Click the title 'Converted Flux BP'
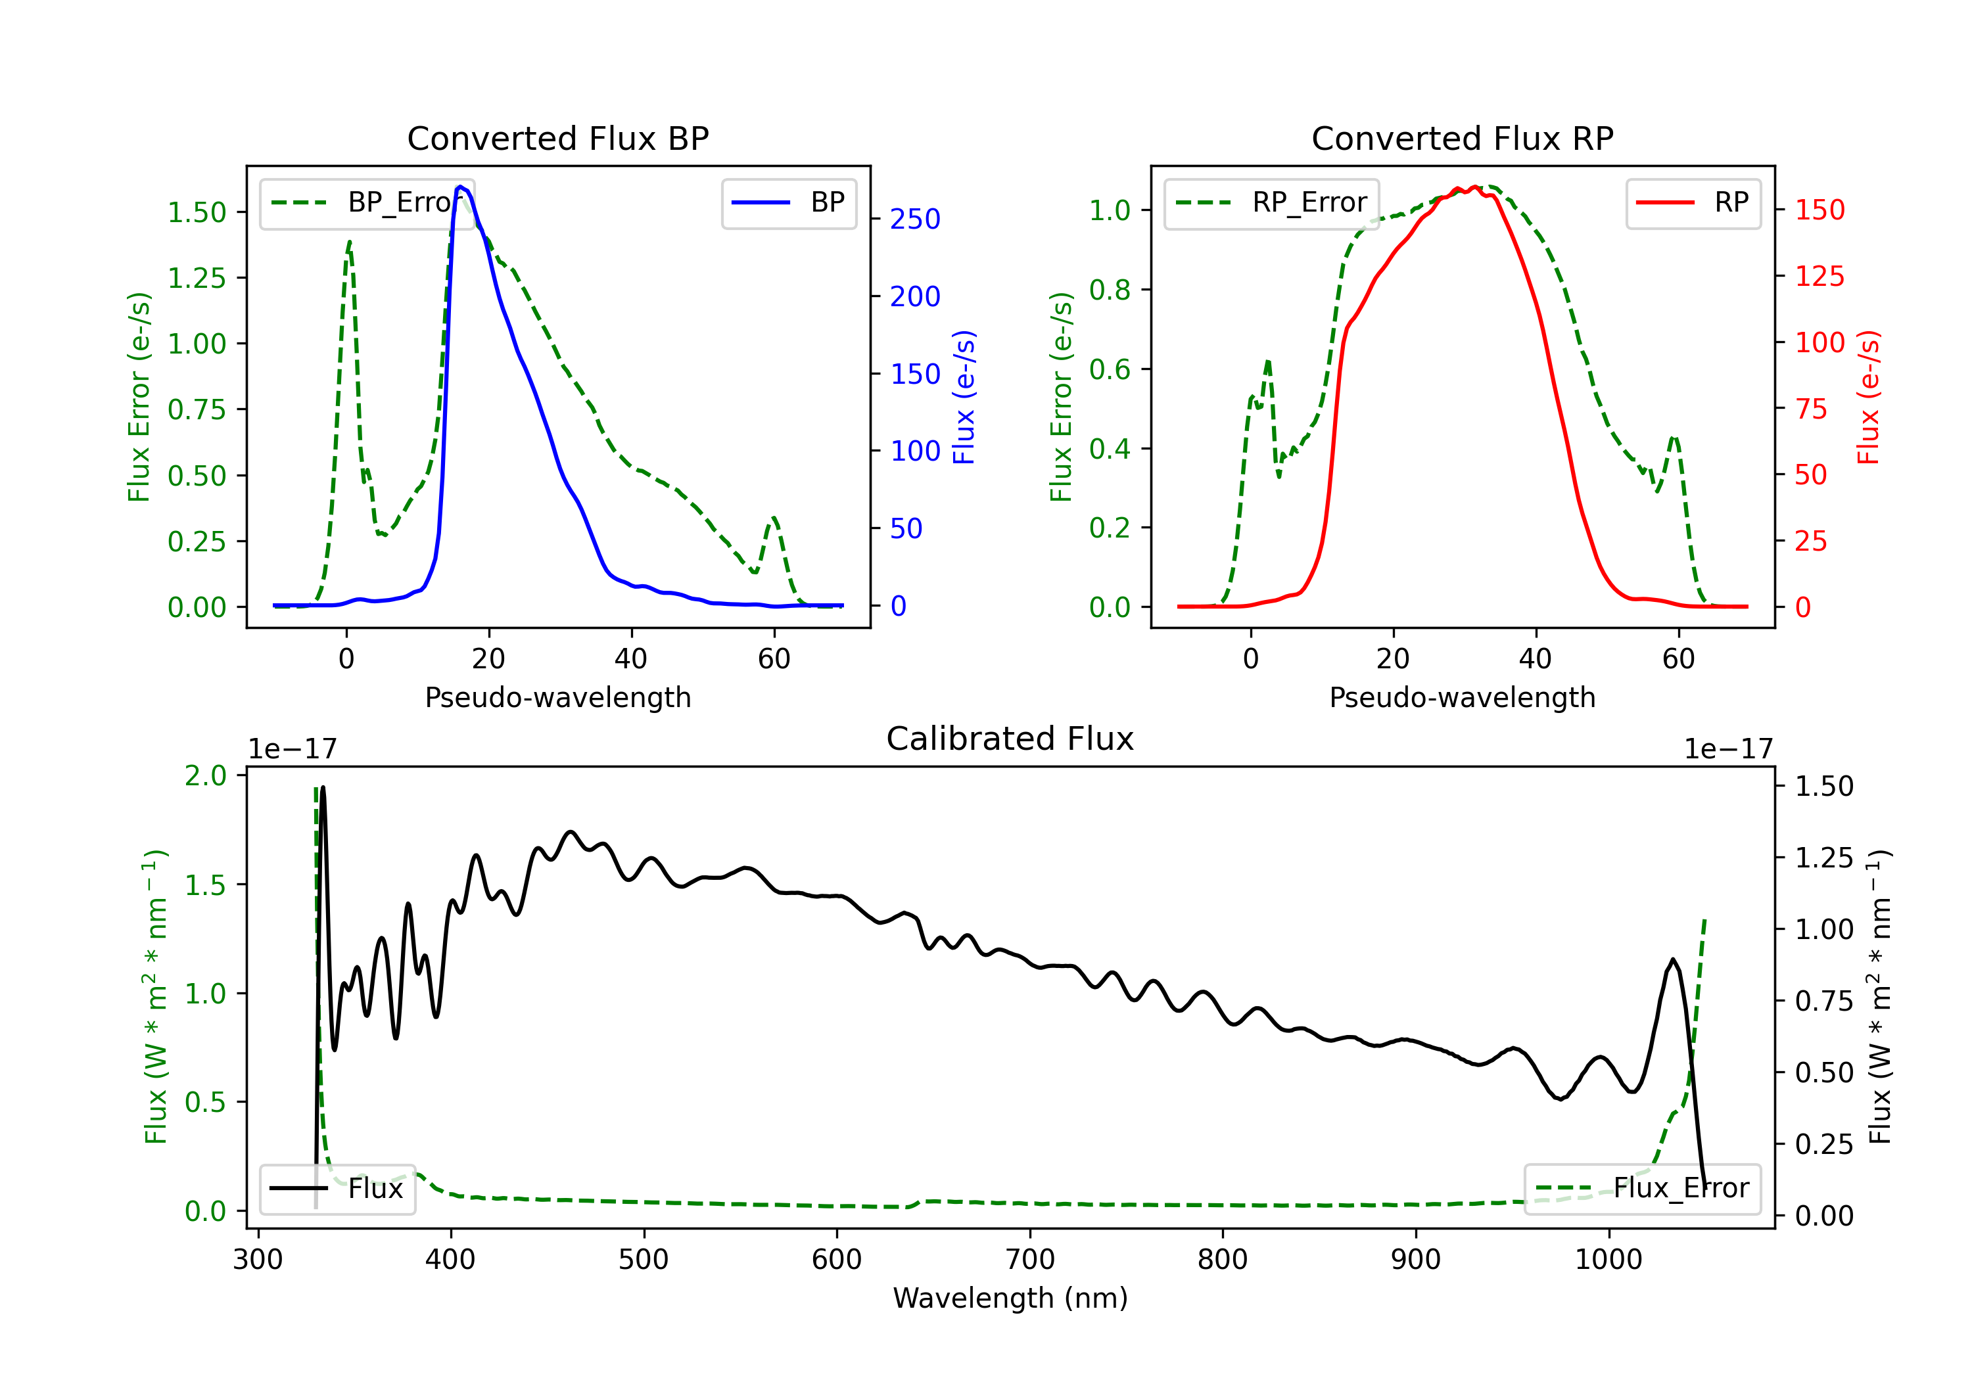tap(557, 138)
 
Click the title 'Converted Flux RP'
tap(1462, 138)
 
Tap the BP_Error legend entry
tap(366, 202)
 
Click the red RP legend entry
tap(1692, 202)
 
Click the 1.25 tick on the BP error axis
tap(197, 277)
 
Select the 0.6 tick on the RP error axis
tap(1110, 369)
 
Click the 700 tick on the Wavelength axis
tap(1030, 1259)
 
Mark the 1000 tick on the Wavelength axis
tap(1608, 1259)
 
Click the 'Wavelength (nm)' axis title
tap(1010, 1298)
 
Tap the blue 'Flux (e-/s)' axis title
tap(964, 397)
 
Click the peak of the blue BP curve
tap(460, 187)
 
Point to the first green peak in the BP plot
tap(348, 242)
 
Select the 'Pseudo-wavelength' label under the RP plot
tap(1462, 697)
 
